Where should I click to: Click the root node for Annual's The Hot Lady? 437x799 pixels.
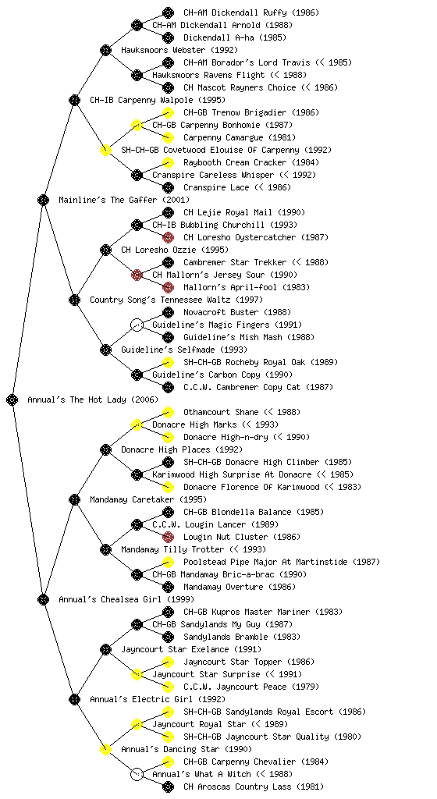point(12,399)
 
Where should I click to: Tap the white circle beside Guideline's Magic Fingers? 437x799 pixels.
point(137,325)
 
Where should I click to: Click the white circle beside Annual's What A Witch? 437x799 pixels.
point(137,774)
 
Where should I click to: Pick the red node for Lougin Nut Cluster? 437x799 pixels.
point(168,537)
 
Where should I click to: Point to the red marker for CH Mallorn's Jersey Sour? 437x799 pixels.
point(137,275)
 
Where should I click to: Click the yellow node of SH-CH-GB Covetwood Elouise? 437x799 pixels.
point(105,150)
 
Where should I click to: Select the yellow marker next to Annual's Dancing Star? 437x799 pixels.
point(105,749)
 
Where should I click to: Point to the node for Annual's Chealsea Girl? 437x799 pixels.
point(43,599)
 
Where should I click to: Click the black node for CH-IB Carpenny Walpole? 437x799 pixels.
point(74,100)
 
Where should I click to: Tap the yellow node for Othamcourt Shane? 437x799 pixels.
point(168,412)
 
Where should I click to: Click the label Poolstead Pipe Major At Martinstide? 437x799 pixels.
point(263,562)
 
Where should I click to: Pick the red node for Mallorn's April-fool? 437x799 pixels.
point(168,287)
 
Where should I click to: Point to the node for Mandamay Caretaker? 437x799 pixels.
point(74,499)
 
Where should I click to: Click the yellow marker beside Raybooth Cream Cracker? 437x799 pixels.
point(168,162)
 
